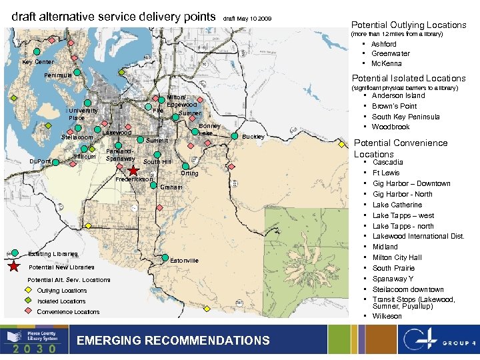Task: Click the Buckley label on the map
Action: tap(253, 136)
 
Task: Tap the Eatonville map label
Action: tap(185, 260)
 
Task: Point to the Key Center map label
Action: tap(38, 62)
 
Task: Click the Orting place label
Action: tap(189, 173)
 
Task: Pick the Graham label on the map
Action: tap(171, 187)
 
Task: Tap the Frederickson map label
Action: tap(135, 179)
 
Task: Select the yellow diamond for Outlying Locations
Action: tap(27, 291)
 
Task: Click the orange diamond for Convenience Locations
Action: tap(27, 312)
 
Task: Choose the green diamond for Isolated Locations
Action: tap(27, 301)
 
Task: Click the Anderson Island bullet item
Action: tap(398, 95)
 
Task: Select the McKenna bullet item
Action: tap(386, 63)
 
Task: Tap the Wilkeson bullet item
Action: tap(387, 316)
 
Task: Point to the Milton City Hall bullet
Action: tap(397, 257)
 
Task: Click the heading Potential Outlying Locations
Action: tap(409, 25)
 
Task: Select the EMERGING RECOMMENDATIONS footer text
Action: tap(173, 341)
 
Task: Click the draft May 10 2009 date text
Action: tap(247, 19)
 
